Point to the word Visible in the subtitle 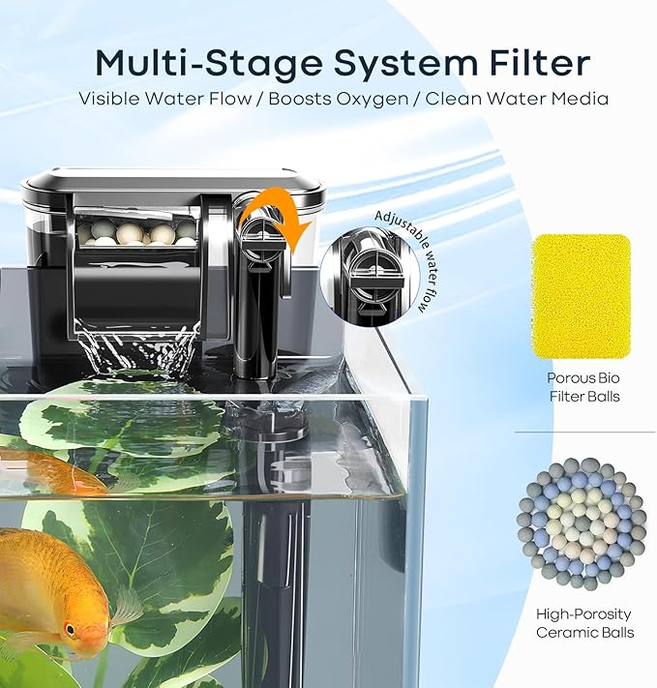(x=110, y=99)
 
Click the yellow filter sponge (x=582, y=296)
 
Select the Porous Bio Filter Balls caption (x=583, y=387)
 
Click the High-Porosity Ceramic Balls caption (x=584, y=623)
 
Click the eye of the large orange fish (x=70, y=630)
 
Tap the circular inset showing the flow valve (x=370, y=277)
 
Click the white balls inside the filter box (x=137, y=232)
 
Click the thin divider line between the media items (x=584, y=432)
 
